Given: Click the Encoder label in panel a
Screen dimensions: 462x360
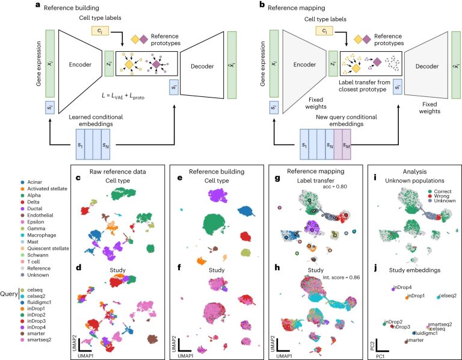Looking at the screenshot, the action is tap(80, 64).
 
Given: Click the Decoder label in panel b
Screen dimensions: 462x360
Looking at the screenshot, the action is tap(427, 66).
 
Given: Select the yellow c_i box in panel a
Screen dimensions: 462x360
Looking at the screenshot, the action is tap(100, 31).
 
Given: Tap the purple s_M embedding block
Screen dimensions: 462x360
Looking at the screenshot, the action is tap(346, 144).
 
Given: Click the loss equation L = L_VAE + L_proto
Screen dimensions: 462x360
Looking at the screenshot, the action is tap(123, 96).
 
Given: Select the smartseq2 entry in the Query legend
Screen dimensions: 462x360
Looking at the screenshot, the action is tap(36, 340).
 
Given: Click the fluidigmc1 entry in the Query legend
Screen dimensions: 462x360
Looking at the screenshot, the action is tap(36, 302).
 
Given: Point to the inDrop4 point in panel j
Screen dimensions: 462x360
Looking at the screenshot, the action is tap(393, 289).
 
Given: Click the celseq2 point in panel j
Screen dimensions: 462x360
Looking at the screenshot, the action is tap(439, 297).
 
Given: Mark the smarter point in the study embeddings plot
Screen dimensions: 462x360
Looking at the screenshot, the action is tap(406, 342).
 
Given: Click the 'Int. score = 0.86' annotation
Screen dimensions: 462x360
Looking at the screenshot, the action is tap(341, 278).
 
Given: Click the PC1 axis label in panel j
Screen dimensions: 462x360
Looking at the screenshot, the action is tap(380, 356).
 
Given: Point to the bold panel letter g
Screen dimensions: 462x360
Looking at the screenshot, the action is tap(277, 178).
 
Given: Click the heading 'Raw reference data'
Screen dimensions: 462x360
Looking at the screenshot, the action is tap(117, 172).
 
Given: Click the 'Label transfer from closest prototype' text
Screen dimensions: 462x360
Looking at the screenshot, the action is tap(364, 86).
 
